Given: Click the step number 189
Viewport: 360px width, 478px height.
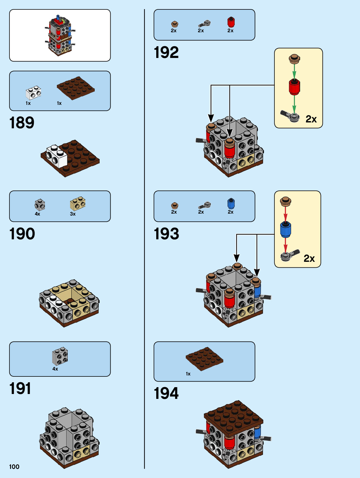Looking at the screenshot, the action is tap(22, 123).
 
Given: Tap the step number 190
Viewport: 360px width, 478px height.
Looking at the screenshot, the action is tap(22, 234).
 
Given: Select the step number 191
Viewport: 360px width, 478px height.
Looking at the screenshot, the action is tap(20, 388).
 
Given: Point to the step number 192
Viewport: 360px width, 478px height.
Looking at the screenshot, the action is tap(166, 52).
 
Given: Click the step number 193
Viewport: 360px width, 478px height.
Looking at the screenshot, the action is tap(166, 234).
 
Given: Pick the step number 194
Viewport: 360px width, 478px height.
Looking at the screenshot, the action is tap(166, 393).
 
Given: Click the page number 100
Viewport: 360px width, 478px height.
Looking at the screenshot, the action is tap(14, 467).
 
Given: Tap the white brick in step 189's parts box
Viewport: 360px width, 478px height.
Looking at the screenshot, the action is tap(34, 93).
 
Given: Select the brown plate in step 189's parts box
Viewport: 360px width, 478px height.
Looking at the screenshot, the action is tap(76, 88).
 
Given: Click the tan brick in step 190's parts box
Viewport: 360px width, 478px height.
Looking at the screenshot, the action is tap(78, 204).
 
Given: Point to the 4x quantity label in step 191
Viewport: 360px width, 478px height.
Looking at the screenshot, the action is tap(55, 369).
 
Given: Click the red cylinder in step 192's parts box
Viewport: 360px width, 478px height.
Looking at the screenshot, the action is tap(231, 22).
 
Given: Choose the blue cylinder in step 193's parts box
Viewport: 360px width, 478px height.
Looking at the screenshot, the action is tap(231, 204).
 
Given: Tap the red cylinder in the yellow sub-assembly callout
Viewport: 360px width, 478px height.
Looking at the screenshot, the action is tap(294, 87).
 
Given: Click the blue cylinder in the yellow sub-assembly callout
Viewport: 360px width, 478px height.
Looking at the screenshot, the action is tap(285, 229).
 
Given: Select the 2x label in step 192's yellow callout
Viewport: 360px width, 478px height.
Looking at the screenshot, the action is tap(311, 119).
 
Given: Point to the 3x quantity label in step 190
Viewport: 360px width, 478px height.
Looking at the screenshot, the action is tap(73, 214).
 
